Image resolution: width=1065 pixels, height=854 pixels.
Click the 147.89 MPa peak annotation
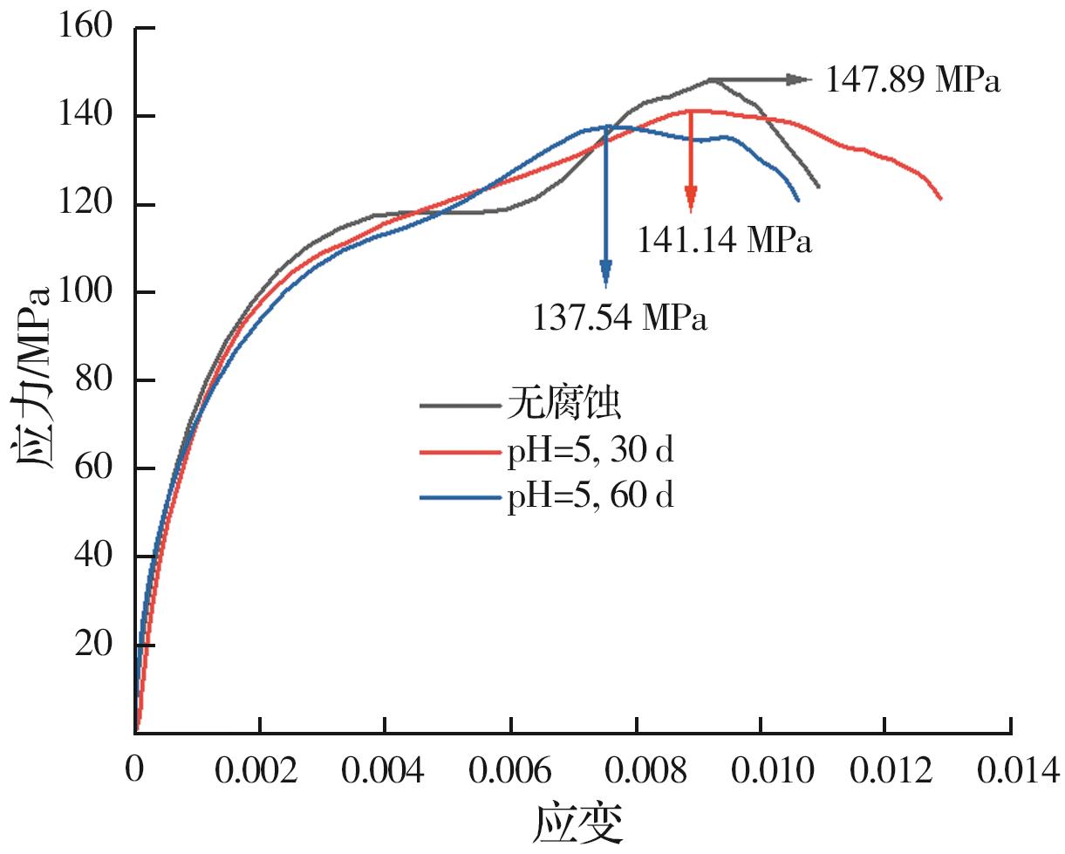[x=912, y=81]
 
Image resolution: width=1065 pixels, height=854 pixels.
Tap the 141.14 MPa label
[x=724, y=241]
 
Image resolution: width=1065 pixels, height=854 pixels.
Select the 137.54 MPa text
[x=619, y=318]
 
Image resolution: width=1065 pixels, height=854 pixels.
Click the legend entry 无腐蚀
[x=563, y=405]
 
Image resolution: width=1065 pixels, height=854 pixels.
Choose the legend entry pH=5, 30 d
[x=591, y=451]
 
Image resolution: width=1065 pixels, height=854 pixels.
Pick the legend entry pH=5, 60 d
[x=591, y=497]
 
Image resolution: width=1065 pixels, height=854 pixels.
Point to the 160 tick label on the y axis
[x=85, y=26]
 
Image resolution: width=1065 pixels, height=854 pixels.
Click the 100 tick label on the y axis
[x=85, y=291]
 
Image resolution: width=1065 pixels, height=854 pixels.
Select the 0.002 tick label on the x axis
[x=259, y=770]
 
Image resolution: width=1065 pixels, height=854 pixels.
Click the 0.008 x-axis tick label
[x=636, y=770]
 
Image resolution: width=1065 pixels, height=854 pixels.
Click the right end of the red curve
[x=941, y=199]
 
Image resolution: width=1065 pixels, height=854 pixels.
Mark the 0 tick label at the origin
[x=133, y=770]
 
